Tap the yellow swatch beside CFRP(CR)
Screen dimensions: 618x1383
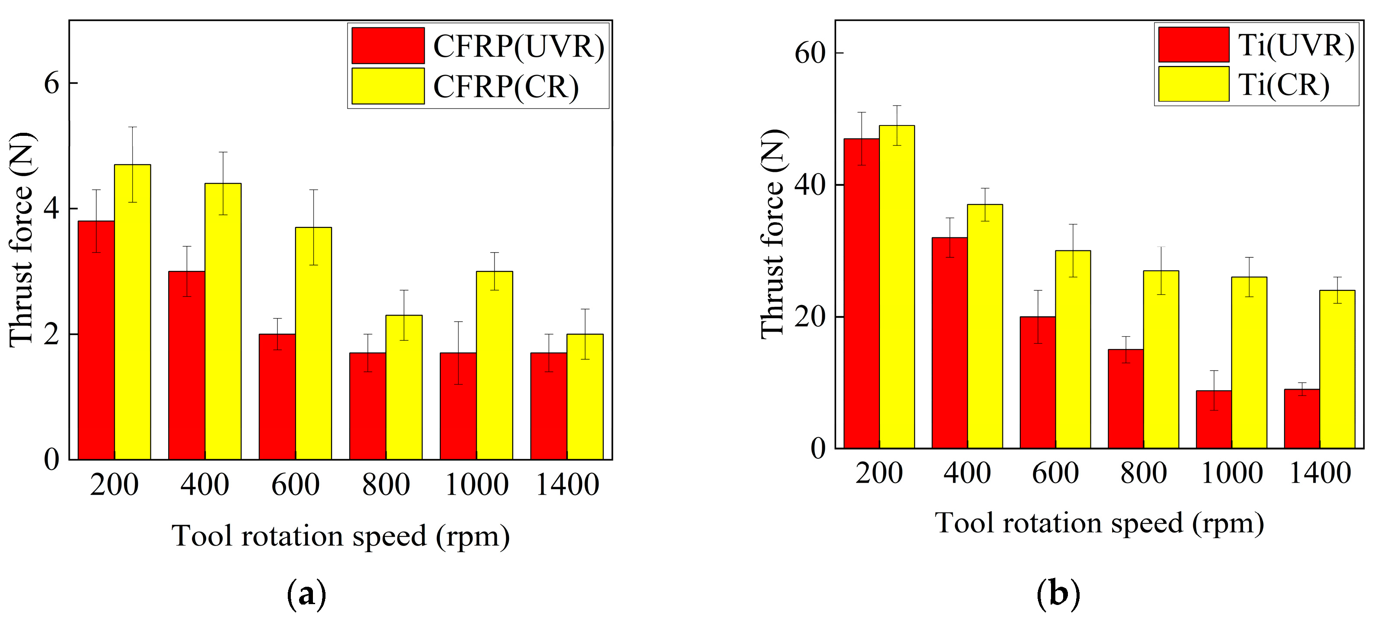(x=387, y=86)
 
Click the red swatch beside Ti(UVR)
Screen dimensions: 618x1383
(x=1193, y=45)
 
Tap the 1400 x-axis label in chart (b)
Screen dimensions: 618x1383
(x=1320, y=473)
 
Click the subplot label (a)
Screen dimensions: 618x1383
(x=306, y=594)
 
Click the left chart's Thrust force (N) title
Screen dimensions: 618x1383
(x=22, y=239)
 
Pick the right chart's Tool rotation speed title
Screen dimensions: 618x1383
(x=1099, y=523)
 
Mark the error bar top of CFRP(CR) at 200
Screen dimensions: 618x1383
(x=133, y=127)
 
